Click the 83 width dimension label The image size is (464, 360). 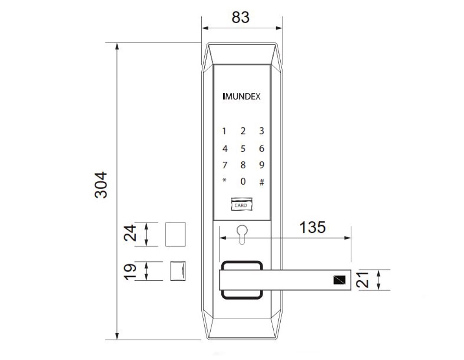click(240, 17)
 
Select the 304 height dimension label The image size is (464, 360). click(101, 185)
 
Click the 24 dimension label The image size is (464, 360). click(131, 234)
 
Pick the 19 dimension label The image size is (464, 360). click(131, 271)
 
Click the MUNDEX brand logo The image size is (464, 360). click(241, 97)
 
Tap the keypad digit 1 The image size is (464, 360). click(225, 131)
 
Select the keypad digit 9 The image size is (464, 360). click(262, 165)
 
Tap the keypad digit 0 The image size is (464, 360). click(243, 182)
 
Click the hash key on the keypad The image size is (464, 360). click(262, 182)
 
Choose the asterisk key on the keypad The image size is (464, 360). click(224, 181)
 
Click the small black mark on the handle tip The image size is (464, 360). click(339, 280)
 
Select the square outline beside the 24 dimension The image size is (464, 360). click(175, 234)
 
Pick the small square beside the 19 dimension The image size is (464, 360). click(178, 271)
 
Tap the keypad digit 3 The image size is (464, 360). click(262, 131)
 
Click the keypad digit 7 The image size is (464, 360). click(225, 165)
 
